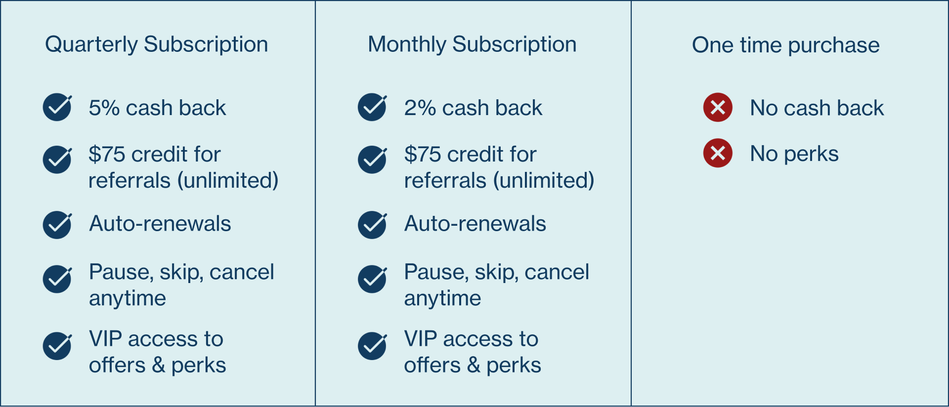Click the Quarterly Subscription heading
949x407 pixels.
coord(156,44)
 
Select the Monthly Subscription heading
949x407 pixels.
coord(472,44)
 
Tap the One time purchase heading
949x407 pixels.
coord(785,45)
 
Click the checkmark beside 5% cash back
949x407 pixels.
coord(57,107)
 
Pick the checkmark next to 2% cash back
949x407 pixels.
coord(372,107)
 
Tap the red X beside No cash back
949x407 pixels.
coord(718,107)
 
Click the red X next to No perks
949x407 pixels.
coord(718,153)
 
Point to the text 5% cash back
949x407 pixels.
coord(157,108)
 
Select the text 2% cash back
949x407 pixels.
coord(473,108)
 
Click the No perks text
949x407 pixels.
coord(794,154)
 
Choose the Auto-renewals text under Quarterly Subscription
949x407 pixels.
coord(160,224)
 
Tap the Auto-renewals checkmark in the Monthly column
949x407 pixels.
coord(372,225)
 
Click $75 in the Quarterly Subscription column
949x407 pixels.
coord(107,154)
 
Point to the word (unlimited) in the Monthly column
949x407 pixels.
coord(543,180)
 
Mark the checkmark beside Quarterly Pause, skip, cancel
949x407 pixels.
coord(57,279)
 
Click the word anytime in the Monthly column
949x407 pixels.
coord(442,298)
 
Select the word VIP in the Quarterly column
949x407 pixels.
coord(105,339)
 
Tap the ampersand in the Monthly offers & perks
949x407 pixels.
coord(474,365)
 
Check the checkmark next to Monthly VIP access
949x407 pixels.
coord(372,346)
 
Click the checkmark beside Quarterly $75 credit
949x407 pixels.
coord(57,160)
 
